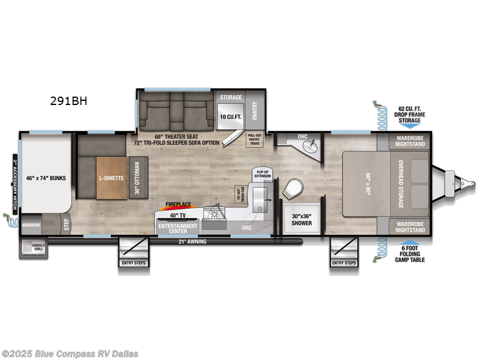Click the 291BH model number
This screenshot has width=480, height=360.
point(69,101)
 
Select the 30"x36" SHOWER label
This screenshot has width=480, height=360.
point(302,220)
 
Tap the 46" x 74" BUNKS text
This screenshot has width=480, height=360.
point(46,178)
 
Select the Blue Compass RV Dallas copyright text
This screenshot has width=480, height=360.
point(70,353)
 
